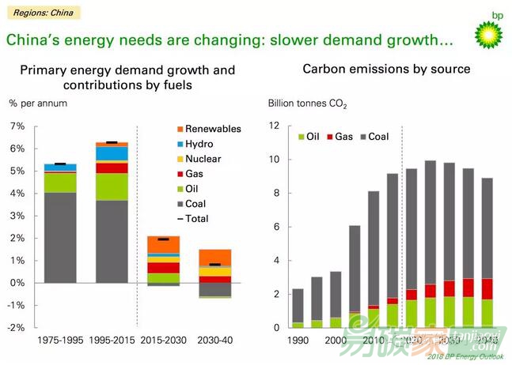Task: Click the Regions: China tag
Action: tap(40, 13)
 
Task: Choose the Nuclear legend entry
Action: tap(201, 159)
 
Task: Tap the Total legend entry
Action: tap(195, 219)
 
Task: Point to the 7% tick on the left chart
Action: tap(17, 126)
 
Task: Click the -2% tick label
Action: tap(17, 327)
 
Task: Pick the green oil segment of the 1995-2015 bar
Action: tap(112, 186)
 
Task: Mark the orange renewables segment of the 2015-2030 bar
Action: tap(164, 244)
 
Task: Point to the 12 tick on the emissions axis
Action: tap(275, 126)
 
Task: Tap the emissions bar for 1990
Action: tap(298, 308)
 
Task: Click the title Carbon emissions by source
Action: tap(386, 69)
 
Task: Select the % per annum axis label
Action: tap(37, 103)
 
